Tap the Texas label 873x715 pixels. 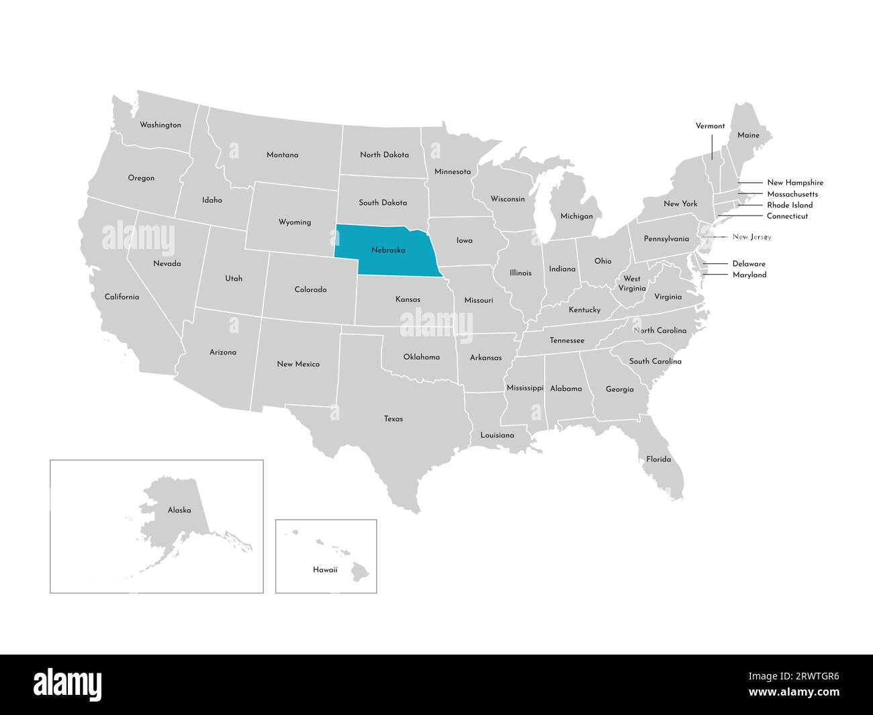click(x=394, y=419)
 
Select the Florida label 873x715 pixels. click(x=658, y=459)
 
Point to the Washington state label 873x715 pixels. click(x=160, y=125)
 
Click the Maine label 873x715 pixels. click(x=748, y=135)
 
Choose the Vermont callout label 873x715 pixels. click(x=710, y=126)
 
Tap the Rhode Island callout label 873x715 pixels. click(x=790, y=205)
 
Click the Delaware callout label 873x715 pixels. click(x=748, y=264)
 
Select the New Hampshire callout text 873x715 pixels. click(x=794, y=183)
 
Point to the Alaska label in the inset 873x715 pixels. click(x=179, y=510)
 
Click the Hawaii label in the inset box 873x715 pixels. click(x=325, y=570)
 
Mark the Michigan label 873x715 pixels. click(x=576, y=216)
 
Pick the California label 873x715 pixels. click(x=122, y=297)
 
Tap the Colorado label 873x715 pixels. click(x=310, y=289)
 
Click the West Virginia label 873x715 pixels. click(x=631, y=283)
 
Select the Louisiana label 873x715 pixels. click(x=497, y=435)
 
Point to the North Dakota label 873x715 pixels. click(x=384, y=154)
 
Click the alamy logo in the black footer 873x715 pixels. click(x=68, y=685)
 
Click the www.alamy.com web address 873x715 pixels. click(x=794, y=693)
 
